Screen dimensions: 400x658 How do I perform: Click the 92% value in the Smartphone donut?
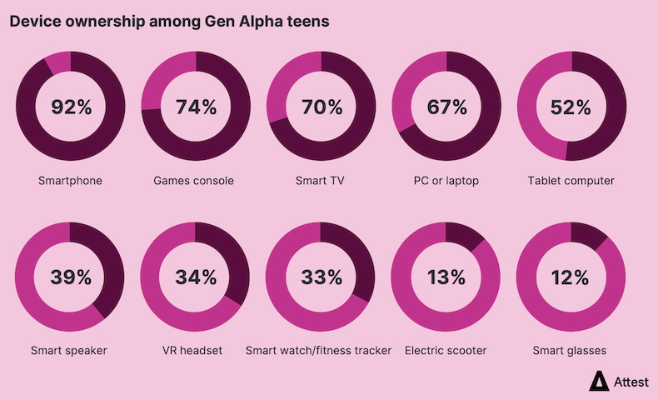click(71, 107)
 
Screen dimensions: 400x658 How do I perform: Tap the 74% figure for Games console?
click(196, 107)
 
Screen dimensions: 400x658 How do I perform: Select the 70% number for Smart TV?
click(322, 107)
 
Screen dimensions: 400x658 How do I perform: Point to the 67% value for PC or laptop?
click(446, 107)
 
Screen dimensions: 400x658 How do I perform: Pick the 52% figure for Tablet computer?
click(571, 107)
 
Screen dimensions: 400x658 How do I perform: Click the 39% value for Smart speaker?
click(71, 277)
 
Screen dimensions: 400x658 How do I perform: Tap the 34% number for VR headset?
click(196, 277)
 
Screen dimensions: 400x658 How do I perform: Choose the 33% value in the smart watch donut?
click(322, 277)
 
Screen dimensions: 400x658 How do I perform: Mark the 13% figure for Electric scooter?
click(446, 277)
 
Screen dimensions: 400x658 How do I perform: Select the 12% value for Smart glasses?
click(571, 277)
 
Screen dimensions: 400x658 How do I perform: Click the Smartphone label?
click(70, 181)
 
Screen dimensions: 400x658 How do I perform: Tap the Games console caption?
click(194, 181)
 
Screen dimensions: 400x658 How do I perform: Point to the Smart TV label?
click(321, 181)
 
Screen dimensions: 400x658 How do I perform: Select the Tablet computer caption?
click(571, 181)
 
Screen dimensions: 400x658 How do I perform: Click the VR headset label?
click(194, 351)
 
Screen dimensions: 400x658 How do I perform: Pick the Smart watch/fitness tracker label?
click(318, 351)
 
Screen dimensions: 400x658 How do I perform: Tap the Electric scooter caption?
click(446, 351)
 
